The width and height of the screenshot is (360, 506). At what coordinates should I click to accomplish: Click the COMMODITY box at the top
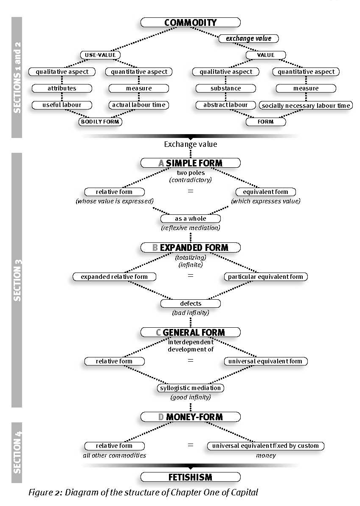coord(191,22)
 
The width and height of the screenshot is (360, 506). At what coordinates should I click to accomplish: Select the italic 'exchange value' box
coord(249,38)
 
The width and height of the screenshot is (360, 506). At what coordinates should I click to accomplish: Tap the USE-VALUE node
coord(101,55)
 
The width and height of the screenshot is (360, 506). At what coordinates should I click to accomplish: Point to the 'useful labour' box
coord(62,105)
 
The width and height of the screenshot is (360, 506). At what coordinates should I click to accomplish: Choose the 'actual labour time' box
coord(139,105)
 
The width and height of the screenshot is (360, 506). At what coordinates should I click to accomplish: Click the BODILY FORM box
coord(100,122)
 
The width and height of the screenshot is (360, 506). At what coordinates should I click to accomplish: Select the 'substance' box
coord(226,88)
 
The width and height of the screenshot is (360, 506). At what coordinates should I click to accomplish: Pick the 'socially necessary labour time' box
coord(306,105)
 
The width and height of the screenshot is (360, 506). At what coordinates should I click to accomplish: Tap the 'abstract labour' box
coord(226,105)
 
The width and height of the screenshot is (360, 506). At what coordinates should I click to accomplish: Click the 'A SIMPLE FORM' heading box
coord(191,163)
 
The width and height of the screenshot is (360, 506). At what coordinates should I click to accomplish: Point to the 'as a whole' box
coord(191,219)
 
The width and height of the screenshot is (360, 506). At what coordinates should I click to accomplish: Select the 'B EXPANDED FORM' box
coord(191,247)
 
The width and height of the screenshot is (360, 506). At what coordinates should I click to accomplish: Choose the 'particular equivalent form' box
coord(266,277)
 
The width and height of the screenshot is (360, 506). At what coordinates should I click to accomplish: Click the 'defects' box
coord(191,304)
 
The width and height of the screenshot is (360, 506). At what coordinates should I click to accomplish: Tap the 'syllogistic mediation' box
coord(191,388)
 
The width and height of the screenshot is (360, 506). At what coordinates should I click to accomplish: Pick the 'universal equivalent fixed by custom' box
coord(266,446)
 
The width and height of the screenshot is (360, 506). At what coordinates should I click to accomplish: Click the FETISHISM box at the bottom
coord(191,477)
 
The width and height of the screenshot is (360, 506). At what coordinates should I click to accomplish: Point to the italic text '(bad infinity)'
coord(191,313)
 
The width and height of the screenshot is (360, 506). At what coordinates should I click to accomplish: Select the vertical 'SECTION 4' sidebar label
coord(17,453)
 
